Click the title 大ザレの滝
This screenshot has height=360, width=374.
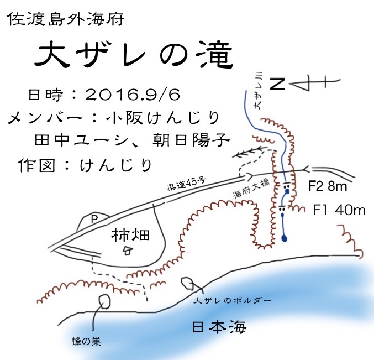click(x=133, y=56)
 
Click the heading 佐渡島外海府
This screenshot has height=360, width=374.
click(x=69, y=20)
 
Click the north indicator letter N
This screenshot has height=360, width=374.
click(x=278, y=84)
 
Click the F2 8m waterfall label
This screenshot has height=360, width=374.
click(x=328, y=186)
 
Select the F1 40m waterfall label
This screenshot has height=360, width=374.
click(x=339, y=210)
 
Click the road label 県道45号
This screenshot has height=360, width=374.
click(x=188, y=182)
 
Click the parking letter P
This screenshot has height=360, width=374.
click(x=94, y=220)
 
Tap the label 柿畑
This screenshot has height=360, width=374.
click(x=130, y=235)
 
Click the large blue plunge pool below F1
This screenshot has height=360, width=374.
click(x=285, y=238)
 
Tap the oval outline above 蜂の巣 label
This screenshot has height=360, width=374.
click(x=104, y=301)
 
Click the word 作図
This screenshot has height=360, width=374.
click(x=37, y=165)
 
